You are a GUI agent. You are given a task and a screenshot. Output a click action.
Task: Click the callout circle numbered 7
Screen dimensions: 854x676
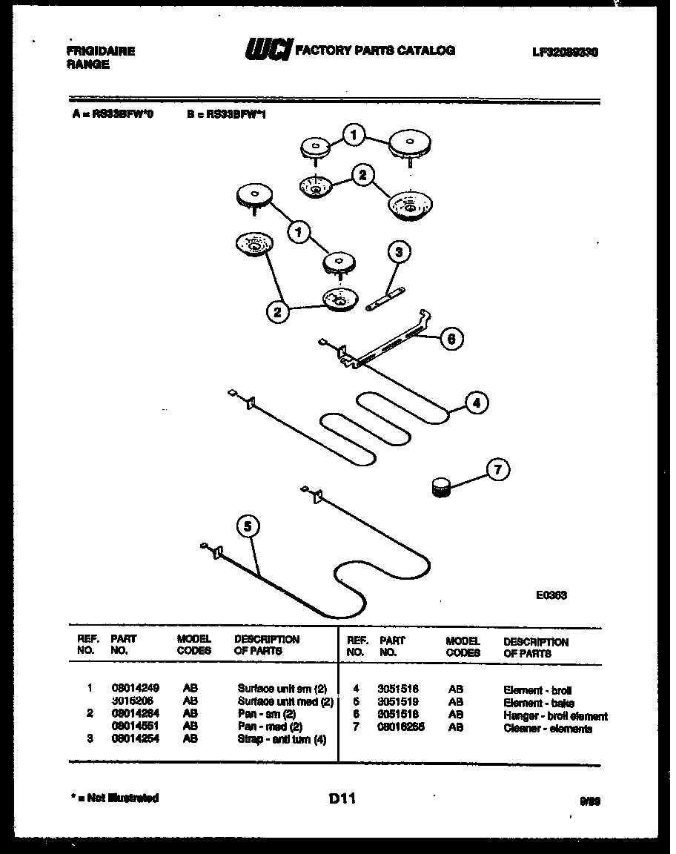[498, 469]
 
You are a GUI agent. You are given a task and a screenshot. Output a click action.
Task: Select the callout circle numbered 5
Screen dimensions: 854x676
[248, 526]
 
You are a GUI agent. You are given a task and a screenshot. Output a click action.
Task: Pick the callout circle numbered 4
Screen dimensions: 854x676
[477, 403]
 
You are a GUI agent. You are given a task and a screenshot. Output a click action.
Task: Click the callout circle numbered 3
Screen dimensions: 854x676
[399, 253]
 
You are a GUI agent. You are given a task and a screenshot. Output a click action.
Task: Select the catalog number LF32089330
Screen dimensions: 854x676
[566, 53]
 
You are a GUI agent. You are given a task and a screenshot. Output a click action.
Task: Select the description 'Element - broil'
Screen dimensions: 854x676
[537, 690]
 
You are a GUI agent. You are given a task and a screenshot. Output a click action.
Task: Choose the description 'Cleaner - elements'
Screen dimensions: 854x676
[548, 729]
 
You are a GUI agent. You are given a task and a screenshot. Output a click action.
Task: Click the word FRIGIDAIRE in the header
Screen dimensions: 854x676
[101, 51]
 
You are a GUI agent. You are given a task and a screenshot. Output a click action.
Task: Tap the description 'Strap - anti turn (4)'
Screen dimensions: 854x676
[282, 739]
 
